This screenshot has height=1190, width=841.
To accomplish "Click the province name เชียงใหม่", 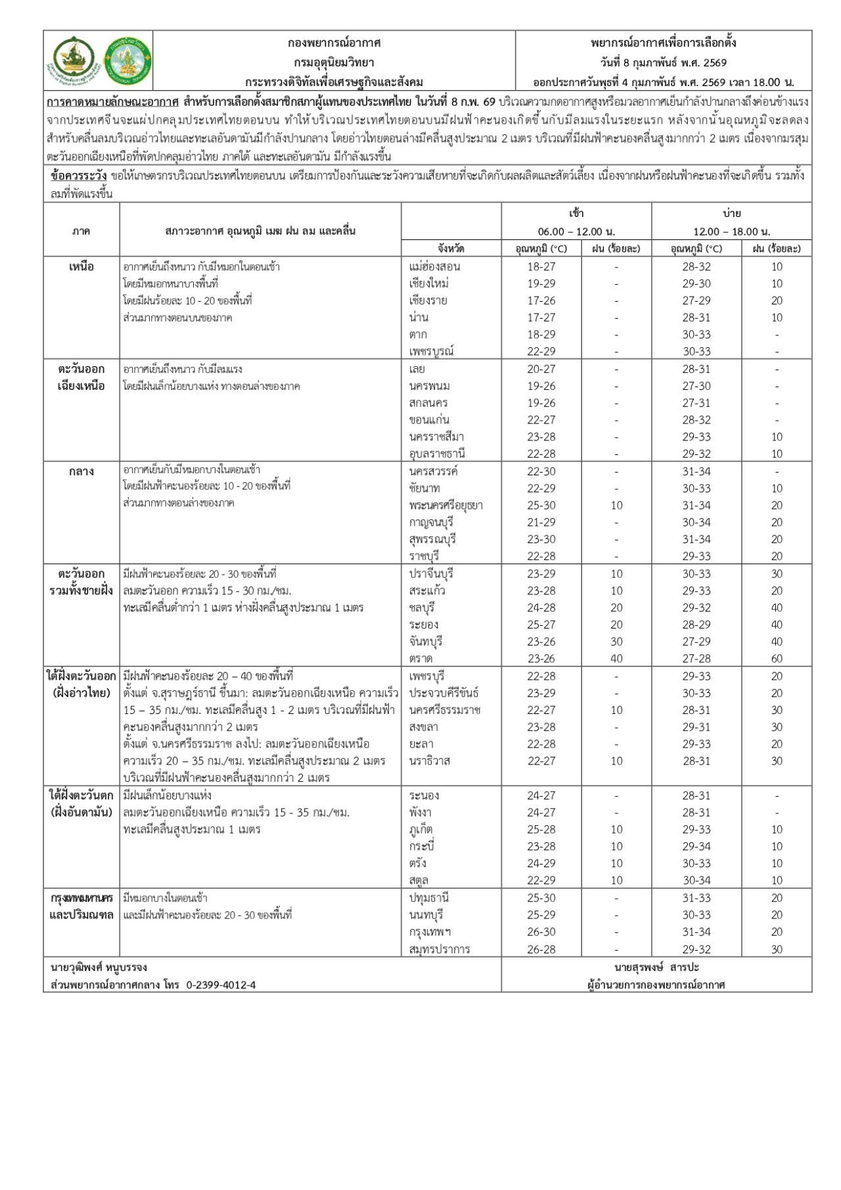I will click(x=428, y=283).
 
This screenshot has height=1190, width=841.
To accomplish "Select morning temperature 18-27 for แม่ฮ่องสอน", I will click(x=541, y=266).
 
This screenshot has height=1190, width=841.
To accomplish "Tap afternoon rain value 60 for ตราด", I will click(x=777, y=658).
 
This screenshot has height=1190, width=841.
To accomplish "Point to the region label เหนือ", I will click(x=81, y=266).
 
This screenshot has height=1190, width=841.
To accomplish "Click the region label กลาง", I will click(x=81, y=471).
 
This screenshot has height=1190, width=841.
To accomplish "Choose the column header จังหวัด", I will click(x=451, y=249).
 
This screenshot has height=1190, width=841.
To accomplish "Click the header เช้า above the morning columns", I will click(x=576, y=213).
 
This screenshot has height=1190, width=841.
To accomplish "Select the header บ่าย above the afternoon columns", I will click(x=731, y=213).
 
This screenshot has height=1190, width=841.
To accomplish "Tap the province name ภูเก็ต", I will click(x=420, y=830).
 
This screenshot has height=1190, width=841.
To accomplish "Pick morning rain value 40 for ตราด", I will click(x=616, y=658).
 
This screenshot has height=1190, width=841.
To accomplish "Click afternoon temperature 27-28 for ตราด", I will click(x=696, y=658).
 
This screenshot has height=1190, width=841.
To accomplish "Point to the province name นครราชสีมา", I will click(x=436, y=437).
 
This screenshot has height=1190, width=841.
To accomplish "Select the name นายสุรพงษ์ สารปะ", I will click(x=656, y=968).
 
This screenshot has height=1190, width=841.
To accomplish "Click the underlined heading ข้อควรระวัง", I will click(x=78, y=176).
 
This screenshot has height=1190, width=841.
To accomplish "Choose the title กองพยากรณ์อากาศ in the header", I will click(x=334, y=43).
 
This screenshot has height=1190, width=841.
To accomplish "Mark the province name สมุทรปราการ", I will click(x=439, y=949).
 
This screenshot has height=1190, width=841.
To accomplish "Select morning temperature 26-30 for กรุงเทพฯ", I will click(x=541, y=932).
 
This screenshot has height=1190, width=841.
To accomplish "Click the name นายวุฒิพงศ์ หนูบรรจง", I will click(x=99, y=968).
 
